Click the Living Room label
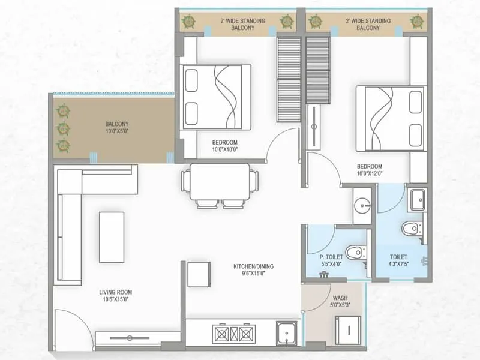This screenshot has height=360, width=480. point(115,292)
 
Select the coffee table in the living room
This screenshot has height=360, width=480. point(112,236)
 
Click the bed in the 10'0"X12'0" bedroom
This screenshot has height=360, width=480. point(391,118)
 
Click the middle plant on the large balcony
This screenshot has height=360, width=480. point(62,128)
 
